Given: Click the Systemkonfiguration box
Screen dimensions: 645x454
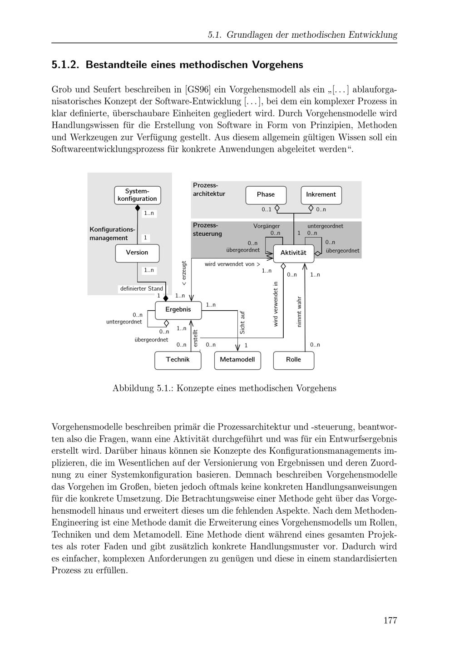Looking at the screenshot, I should pyautogui.click(x=137, y=195).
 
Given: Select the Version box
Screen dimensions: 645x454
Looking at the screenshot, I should pyautogui.click(x=137, y=253).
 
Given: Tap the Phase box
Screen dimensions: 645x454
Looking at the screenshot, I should pyautogui.click(x=266, y=194).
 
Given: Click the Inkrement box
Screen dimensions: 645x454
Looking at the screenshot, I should pyautogui.click(x=321, y=194).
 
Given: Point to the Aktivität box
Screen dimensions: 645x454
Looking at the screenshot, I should pyautogui.click(x=293, y=253).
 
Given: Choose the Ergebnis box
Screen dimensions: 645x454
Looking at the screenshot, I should pyautogui.click(x=178, y=309).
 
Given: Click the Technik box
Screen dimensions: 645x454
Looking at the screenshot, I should pyautogui.click(x=178, y=360).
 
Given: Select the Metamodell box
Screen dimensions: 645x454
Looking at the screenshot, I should pyautogui.click(x=237, y=360).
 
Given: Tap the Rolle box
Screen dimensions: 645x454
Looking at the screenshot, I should pyautogui.click(x=293, y=360).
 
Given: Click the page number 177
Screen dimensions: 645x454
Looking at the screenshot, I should pyautogui.click(x=390, y=620).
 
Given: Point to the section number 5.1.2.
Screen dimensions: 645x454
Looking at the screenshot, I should pyautogui.click(x=65, y=65).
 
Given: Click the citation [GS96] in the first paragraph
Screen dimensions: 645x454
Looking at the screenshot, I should pyautogui.click(x=198, y=89).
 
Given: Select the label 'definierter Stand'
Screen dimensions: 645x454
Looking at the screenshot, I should pyautogui.click(x=141, y=288).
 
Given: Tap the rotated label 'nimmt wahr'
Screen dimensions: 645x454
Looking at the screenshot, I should pyautogui.click(x=299, y=312).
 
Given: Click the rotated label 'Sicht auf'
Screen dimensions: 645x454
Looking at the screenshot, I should pyautogui.click(x=242, y=322).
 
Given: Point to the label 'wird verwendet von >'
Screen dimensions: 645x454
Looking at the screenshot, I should pyautogui.click(x=232, y=264).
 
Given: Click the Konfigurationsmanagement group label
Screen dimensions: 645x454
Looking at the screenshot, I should pyautogui.click(x=112, y=233).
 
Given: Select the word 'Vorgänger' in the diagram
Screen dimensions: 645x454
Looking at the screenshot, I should pyautogui.click(x=266, y=226).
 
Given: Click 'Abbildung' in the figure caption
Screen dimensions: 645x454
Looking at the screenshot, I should pyautogui.click(x=133, y=388).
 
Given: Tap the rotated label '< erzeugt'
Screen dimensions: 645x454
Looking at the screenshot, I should pyautogui.click(x=184, y=273).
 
